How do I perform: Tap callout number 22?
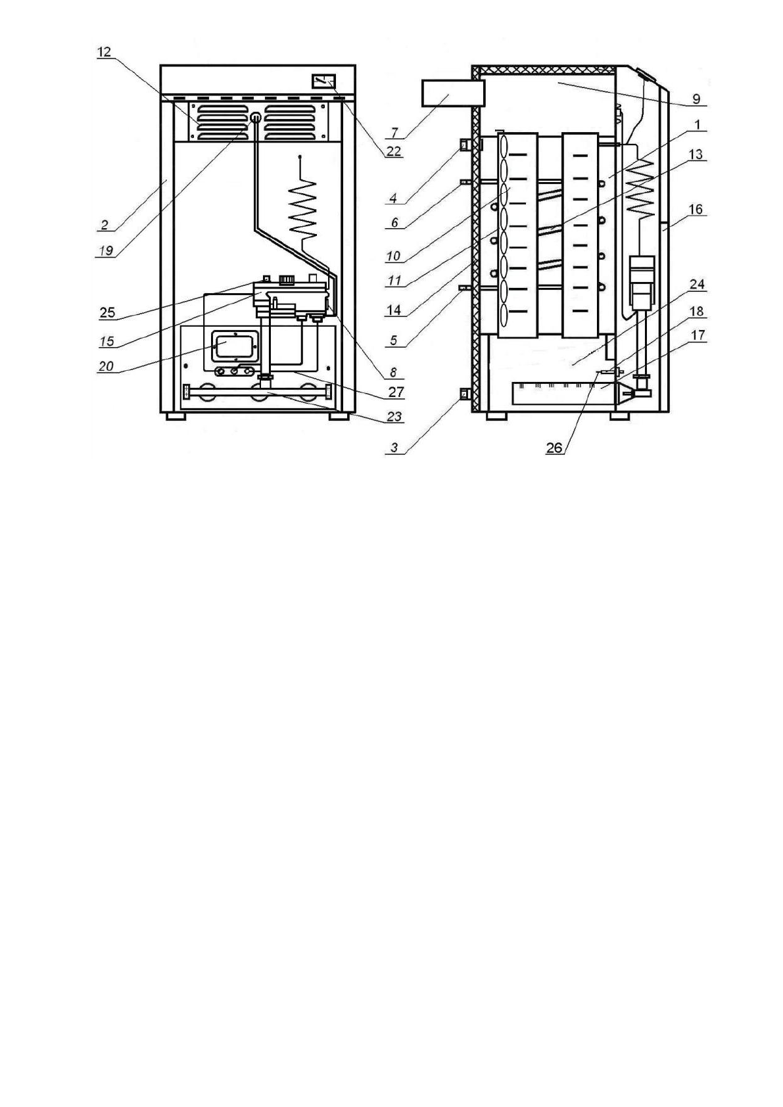coord(393,151)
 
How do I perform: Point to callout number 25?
coord(107,313)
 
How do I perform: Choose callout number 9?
coord(696,100)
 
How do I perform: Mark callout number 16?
coord(695,210)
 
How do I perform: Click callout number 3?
coord(394,448)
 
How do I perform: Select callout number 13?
coord(696,154)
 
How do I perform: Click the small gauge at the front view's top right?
coord(323,81)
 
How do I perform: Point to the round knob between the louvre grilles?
coord(255,118)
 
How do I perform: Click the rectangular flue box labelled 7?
coord(452,92)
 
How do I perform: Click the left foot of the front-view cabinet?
coord(175,416)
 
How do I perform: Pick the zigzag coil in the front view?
coord(304,209)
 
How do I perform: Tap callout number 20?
coord(106,366)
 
